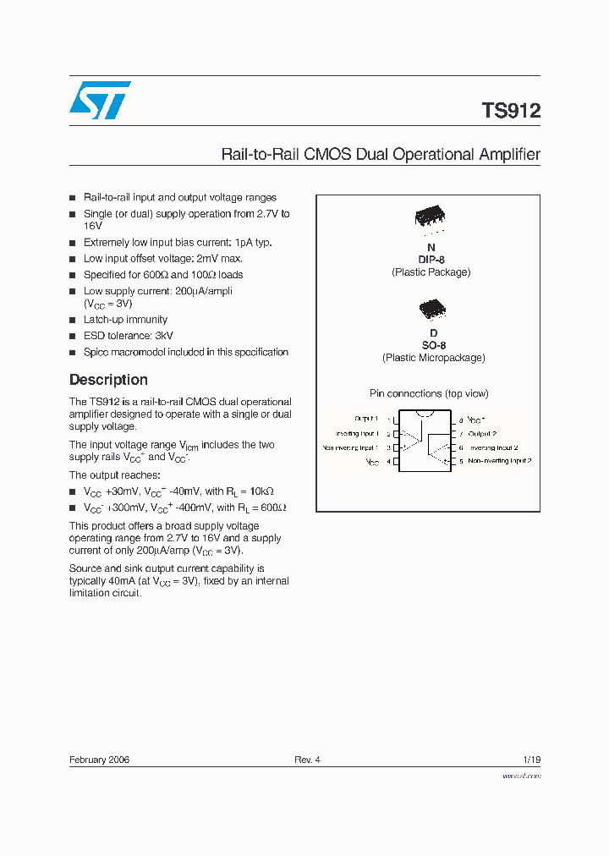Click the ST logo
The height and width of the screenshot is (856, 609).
pos(100,101)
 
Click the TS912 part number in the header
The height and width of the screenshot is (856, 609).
pos(511,111)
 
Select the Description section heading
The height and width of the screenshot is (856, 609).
pos(108,380)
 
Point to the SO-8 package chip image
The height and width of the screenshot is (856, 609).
pos(431,308)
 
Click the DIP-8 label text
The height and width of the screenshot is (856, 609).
pos(431,260)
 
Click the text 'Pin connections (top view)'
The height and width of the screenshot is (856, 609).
pos(429,393)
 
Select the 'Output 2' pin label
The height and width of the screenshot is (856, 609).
pos(482,433)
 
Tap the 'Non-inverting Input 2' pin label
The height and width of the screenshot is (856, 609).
pos(499,461)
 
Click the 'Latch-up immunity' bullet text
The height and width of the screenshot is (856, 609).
pos(125,320)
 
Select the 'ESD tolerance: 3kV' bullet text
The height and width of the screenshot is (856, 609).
pos(128,336)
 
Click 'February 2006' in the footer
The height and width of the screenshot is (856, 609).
pos(99,760)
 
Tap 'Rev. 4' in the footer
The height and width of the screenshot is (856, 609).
pos(307,760)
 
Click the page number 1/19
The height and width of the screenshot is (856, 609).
pos(531,760)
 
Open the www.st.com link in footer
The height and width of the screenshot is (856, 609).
pos(521,776)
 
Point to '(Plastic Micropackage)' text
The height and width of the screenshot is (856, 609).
pos(433,358)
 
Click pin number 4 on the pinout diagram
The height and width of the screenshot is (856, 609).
pos(389,462)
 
